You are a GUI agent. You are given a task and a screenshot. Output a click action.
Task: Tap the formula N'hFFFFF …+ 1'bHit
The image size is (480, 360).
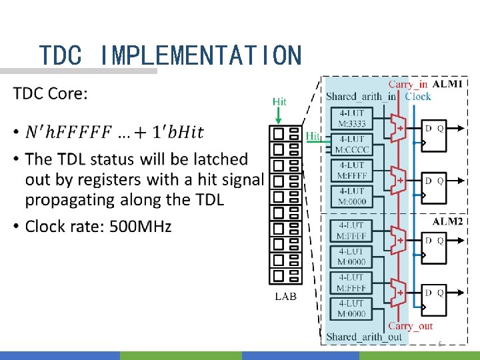114,132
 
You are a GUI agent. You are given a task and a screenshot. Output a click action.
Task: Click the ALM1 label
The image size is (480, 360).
447,85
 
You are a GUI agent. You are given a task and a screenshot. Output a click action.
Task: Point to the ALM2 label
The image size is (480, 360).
447,221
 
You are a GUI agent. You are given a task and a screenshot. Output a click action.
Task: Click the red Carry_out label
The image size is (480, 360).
410,326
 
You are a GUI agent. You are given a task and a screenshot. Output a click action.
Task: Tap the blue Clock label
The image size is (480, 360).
418,97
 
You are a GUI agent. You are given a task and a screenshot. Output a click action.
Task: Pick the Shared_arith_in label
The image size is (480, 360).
361,97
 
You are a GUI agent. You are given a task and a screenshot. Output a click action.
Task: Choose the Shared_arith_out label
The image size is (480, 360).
364,337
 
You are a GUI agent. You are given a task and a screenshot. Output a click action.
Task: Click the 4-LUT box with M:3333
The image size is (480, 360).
351,118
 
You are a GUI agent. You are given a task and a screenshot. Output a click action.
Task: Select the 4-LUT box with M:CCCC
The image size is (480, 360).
351,143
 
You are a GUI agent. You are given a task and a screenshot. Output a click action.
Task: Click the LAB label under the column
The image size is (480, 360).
286,297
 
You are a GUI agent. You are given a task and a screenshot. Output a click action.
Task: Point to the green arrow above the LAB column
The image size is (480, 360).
279,117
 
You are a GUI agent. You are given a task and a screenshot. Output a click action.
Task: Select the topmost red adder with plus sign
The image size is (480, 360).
399,127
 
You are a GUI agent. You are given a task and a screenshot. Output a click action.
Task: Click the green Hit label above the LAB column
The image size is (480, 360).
279,101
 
